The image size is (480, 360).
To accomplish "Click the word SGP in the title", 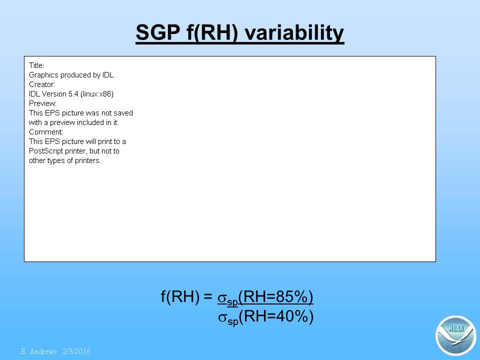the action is (x=158, y=32).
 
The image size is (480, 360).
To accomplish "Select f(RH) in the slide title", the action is (x=212, y=33).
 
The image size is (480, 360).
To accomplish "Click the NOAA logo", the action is (x=455, y=335).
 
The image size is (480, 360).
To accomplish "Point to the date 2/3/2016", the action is (x=76, y=351).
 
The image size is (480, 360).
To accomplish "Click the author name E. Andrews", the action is (x=39, y=351).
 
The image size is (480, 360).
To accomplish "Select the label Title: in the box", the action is (x=36, y=65).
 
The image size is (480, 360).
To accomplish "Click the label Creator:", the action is (x=42, y=84).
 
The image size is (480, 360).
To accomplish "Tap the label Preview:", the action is (x=42, y=103).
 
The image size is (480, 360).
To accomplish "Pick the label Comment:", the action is (x=46, y=132).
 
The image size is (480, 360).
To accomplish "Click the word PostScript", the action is (x=43, y=151).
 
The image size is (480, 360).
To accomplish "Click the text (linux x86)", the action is (x=97, y=94).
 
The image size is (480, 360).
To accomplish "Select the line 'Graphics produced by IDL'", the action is (x=71, y=75).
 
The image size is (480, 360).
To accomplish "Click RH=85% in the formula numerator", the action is (x=275, y=296).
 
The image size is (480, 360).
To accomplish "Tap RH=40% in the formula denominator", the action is (x=276, y=316).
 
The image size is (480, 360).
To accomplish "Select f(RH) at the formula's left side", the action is (x=180, y=296).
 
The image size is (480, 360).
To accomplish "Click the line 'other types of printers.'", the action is (x=65, y=160).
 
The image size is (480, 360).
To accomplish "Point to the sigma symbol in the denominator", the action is (x=222, y=318).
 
